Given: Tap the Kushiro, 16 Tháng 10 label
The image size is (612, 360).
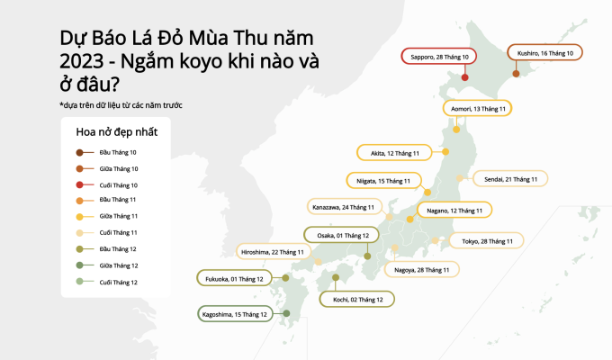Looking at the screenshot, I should (545, 53).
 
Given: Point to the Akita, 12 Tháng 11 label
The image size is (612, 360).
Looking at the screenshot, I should (390, 153).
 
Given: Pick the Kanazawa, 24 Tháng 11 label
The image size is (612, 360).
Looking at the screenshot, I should (343, 207).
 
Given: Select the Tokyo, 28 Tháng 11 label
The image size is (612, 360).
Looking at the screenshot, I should (487, 240).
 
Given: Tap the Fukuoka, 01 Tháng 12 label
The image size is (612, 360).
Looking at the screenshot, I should (234, 279).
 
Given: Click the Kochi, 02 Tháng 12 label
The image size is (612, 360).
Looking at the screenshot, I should (356, 299).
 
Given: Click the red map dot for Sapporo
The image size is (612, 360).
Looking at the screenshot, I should (465, 77).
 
